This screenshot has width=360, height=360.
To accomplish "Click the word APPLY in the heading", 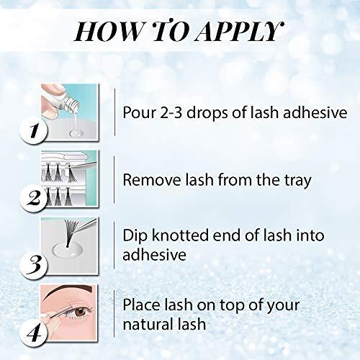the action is (x=240, y=31).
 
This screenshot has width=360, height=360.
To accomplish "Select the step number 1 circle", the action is (x=34, y=131).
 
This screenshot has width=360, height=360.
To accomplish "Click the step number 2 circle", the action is (x=34, y=199).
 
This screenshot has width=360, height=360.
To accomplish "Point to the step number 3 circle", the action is (x=34, y=266).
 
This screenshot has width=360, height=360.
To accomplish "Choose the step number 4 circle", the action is (x=34, y=333).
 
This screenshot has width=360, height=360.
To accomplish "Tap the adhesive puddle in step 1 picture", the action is (x=76, y=133).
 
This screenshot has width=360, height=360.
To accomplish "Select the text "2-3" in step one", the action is (x=171, y=112).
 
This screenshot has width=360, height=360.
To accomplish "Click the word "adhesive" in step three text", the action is (x=154, y=254).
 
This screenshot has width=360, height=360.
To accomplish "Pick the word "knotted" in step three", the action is (x=180, y=235).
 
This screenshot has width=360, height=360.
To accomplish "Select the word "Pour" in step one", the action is (x=139, y=112).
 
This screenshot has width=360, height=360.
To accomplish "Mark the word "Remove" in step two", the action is (x=152, y=180).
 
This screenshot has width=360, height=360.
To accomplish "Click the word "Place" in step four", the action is (x=141, y=305).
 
